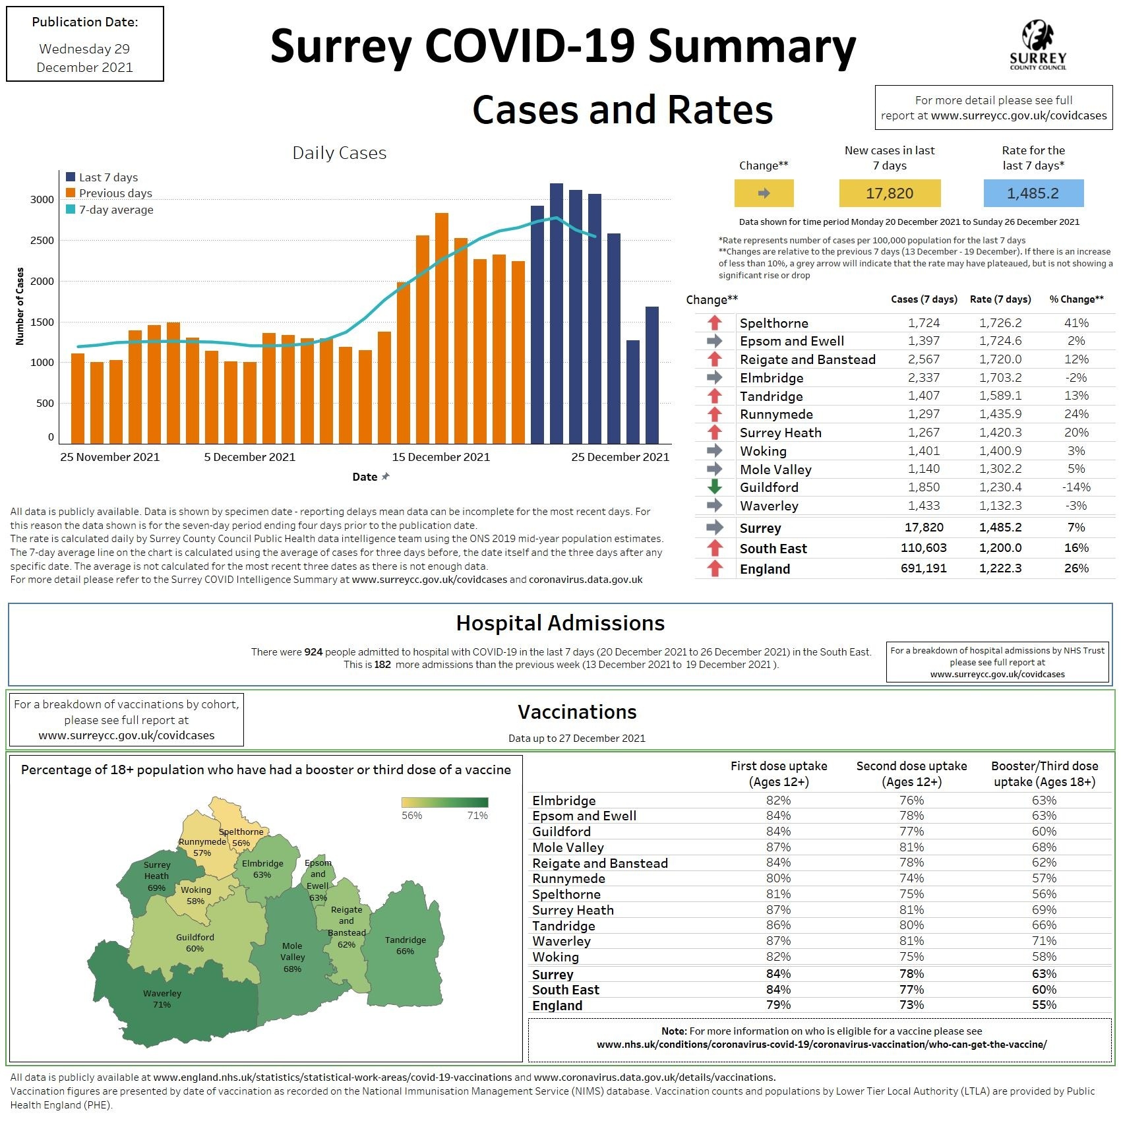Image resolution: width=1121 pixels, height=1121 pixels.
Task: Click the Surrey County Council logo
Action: click(1037, 45)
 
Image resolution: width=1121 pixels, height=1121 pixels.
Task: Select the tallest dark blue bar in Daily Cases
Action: click(556, 313)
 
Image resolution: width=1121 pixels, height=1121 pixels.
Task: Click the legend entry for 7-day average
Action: click(116, 210)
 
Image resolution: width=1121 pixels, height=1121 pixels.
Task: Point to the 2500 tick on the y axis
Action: click(42, 241)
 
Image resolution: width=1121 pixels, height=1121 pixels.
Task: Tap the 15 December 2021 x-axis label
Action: click(441, 457)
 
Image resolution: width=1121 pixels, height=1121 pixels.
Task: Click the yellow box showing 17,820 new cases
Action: click(890, 193)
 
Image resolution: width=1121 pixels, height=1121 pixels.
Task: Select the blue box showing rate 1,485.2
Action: click(1033, 193)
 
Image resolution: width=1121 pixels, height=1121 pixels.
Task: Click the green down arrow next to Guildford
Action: click(715, 487)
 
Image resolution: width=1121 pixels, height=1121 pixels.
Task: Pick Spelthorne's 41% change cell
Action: click(1076, 323)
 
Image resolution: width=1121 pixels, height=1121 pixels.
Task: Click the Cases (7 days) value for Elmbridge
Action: click(924, 378)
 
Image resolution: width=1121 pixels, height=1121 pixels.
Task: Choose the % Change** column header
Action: click(1076, 299)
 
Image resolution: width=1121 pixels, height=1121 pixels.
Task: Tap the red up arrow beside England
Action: click(715, 568)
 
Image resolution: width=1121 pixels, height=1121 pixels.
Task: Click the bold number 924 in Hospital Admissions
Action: click(313, 652)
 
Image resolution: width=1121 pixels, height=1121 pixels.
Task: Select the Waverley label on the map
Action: click(162, 993)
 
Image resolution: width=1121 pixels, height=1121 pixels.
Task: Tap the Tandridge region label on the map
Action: click(405, 940)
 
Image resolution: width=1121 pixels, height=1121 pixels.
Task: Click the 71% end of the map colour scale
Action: click(477, 816)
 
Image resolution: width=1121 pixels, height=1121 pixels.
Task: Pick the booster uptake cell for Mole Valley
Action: click(1044, 847)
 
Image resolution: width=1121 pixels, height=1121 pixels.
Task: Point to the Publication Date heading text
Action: click(85, 22)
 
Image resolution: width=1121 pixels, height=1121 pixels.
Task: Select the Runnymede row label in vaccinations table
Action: click(568, 878)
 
